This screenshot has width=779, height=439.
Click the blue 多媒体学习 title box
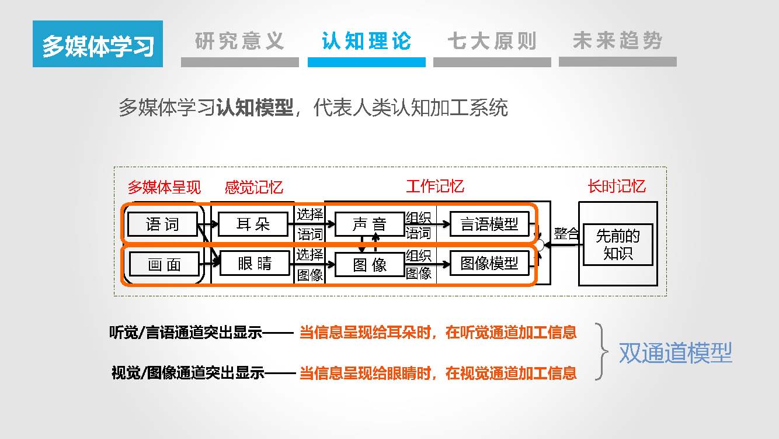[x=98, y=44]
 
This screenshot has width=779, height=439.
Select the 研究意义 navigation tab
[x=239, y=42]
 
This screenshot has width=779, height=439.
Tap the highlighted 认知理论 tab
[x=366, y=42]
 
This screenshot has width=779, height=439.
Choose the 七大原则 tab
[x=492, y=42]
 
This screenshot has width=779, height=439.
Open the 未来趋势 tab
[x=617, y=42]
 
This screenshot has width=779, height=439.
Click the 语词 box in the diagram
[x=162, y=224]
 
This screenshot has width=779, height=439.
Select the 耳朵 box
[x=253, y=224]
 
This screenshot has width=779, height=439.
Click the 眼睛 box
[x=254, y=264]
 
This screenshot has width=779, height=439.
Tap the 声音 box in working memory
[x=370, y=224]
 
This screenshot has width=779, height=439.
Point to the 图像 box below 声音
[x=370, y=265]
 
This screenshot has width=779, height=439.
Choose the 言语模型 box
[x=489, y=224]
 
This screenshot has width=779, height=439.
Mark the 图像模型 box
[x=489, y=264]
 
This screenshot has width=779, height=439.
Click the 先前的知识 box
[x=618, y=244]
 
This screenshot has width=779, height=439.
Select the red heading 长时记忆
[x=617, y=186]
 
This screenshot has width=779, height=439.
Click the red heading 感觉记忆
[x=254, y=187]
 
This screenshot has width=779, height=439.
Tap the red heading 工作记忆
[x=435, y=186]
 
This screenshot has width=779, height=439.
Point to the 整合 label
[x=566, y=234]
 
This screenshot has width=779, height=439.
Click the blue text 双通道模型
[x=675, y=352]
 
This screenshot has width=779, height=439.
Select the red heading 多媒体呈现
[x=164, y=187]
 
